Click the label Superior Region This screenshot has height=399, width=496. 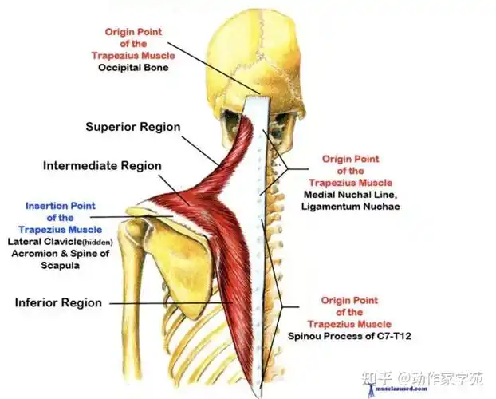point(133,127)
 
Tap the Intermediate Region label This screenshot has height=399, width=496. point(102,166)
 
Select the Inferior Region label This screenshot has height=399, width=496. point(58,302)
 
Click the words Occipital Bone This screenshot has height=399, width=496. point(133,68)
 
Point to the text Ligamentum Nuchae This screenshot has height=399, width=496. point(351,207)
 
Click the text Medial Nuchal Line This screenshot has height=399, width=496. point(350,195)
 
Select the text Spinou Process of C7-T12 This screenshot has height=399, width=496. point(349,336)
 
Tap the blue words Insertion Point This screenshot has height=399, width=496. point(61,206)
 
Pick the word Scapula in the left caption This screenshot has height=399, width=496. point(60,266)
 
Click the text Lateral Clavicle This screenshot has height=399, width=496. point(45,242)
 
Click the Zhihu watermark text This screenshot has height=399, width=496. point(423,377)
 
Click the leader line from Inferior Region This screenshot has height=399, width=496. point(171,303)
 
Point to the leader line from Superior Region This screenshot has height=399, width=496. point(200,151)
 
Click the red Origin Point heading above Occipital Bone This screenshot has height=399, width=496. point(133,32)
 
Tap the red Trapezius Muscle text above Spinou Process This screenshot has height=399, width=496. point(349,324)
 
